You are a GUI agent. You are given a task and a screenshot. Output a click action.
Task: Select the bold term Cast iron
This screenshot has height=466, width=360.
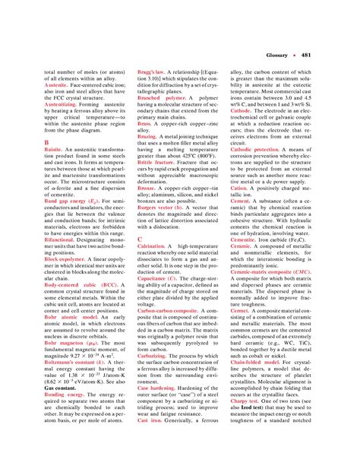(x=151, y=420)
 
